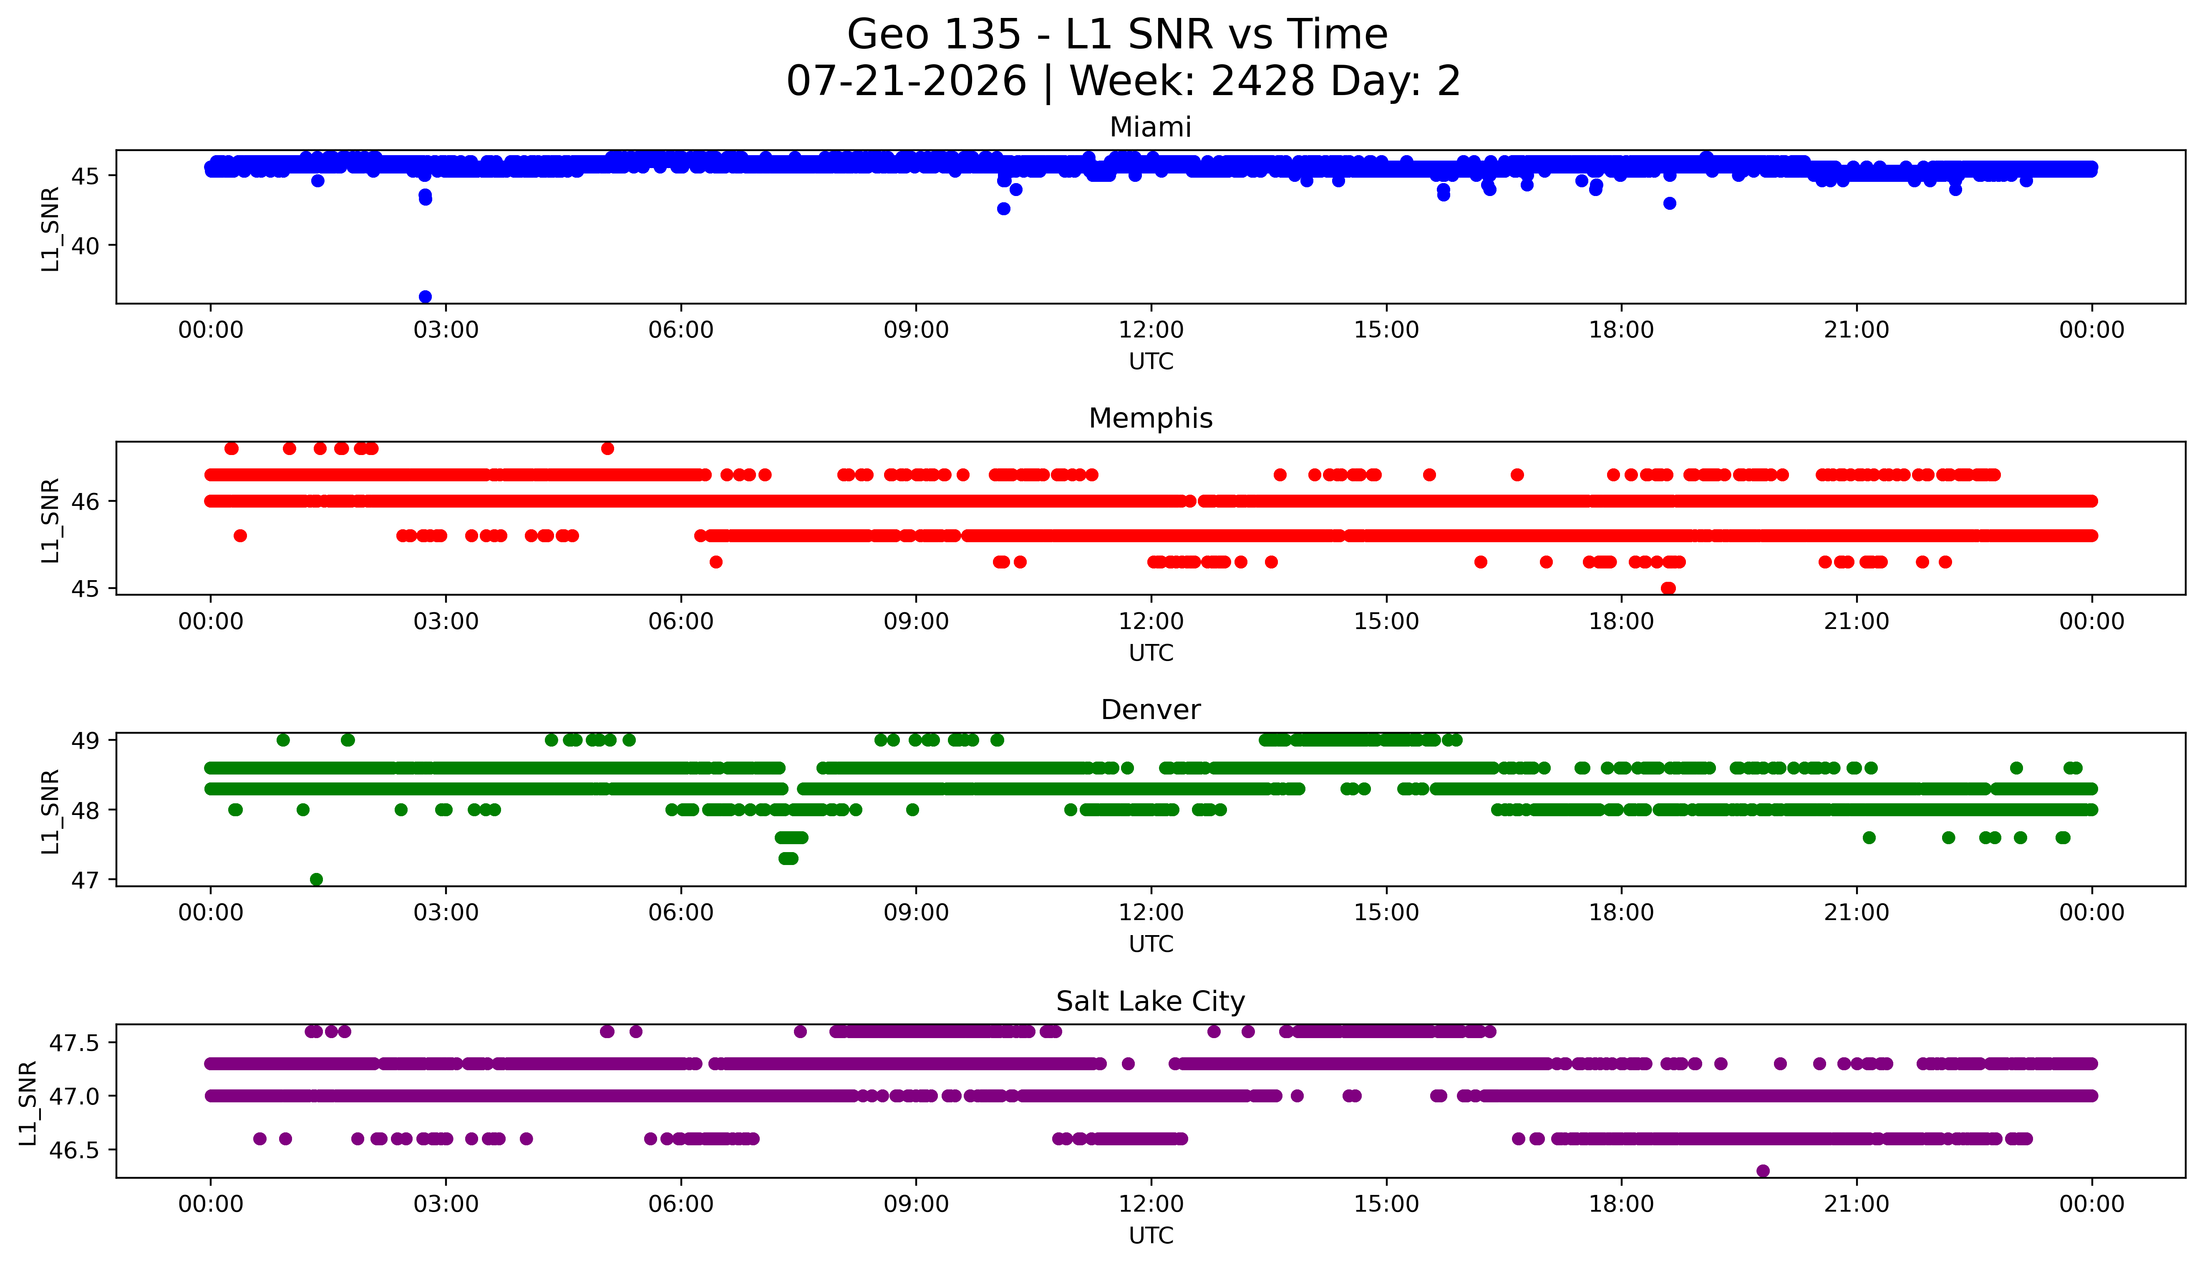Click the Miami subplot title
(x=1151, y=128)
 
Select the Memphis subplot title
(x=1151, y=419)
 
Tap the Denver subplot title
(x=1151, y=710)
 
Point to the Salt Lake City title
(x=1151, y=1002)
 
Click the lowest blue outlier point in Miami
(x=425, y=297)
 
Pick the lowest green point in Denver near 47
(x=316, y=879)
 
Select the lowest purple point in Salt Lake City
(x=1762, y=1171)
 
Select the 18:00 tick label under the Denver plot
(x=1622, y=913)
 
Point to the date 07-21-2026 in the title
(x=906, y=82)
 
